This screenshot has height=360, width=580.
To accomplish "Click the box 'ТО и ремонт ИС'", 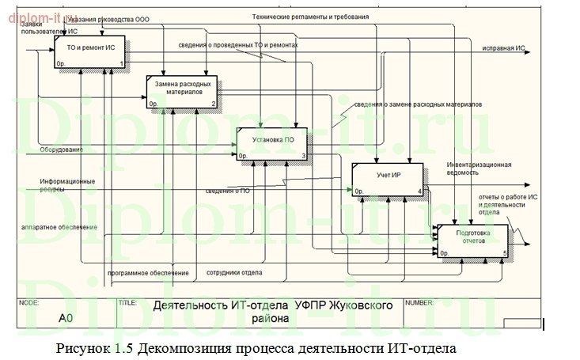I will point(89,53).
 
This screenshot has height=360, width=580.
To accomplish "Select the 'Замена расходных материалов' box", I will point(183,91).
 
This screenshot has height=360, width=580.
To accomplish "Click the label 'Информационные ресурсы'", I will point(67,185).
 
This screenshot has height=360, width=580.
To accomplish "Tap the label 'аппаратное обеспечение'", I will point(59,227).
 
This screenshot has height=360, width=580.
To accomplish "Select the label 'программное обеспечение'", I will point(148,273).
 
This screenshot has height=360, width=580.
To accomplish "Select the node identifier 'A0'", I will point(66,318).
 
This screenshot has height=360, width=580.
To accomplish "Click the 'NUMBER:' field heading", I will point(419,302).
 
